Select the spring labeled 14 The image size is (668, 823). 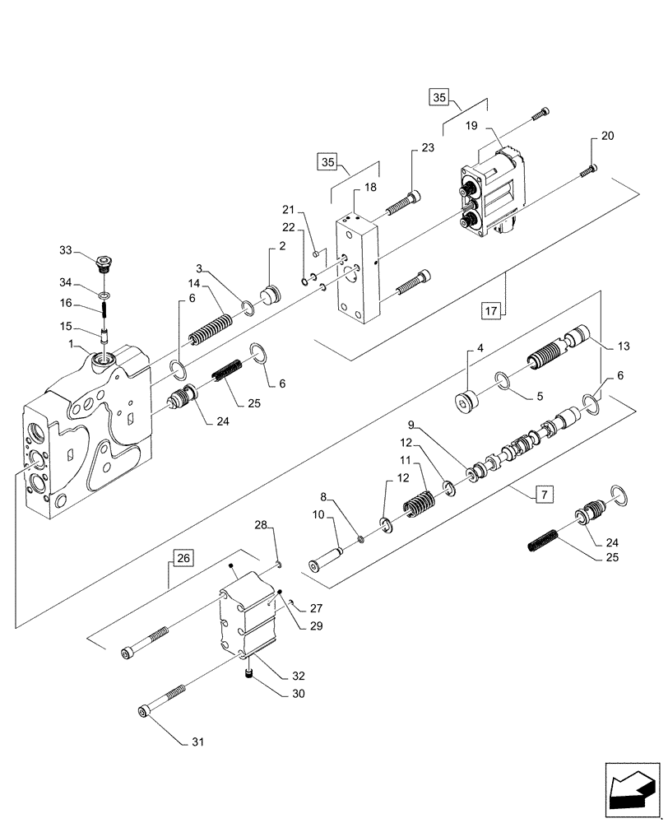click(x=212, y=327)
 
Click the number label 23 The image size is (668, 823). click(x=428, y=148)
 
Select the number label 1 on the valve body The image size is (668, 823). click(x=72, y=343)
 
